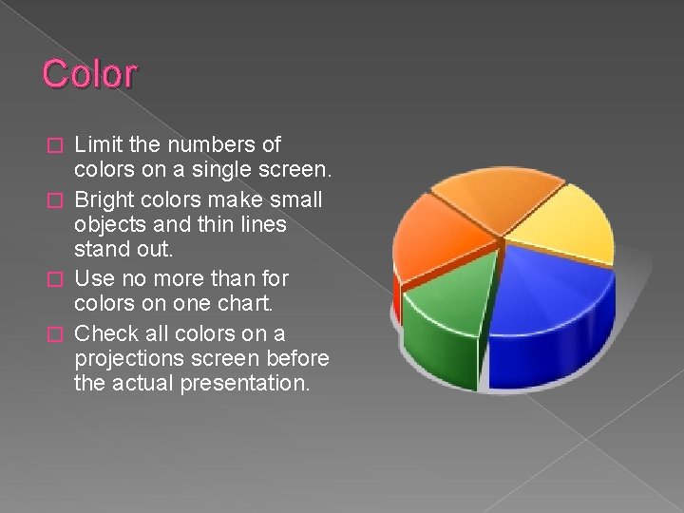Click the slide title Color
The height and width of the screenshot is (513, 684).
pyautogui.click(x=89, y=73)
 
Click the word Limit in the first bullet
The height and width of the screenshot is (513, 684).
pyautogui.click(x=96, y=144)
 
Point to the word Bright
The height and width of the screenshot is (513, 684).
pyautogui.click(x=104, y=199)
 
